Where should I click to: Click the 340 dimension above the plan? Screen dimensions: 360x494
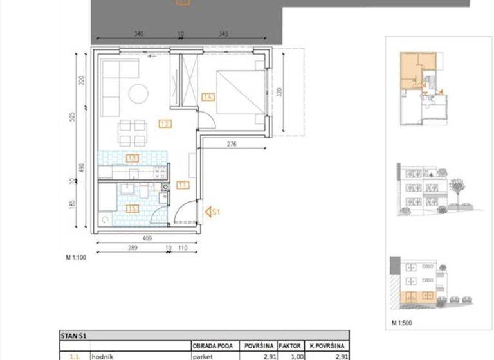138,33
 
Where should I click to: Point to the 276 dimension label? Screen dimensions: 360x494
232,145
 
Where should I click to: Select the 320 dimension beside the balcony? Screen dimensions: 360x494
279,92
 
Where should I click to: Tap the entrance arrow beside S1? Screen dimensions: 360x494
208,211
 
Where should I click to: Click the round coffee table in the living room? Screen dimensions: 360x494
138,94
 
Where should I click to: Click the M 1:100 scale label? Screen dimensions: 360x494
77,258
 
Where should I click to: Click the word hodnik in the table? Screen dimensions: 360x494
102,355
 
